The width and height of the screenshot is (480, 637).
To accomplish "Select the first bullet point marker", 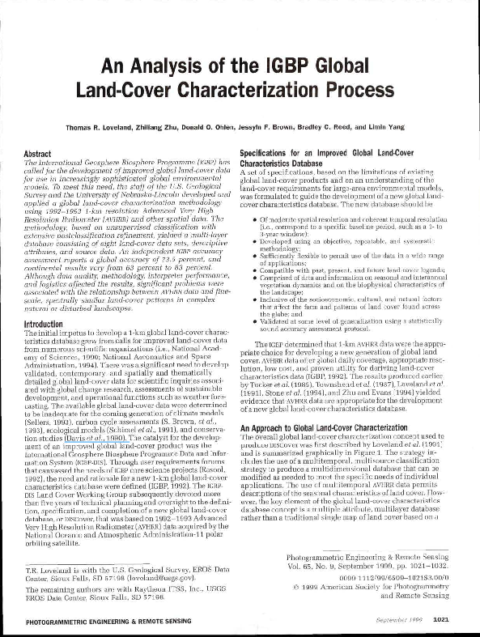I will pyautogui.click(x=257, y=219).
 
